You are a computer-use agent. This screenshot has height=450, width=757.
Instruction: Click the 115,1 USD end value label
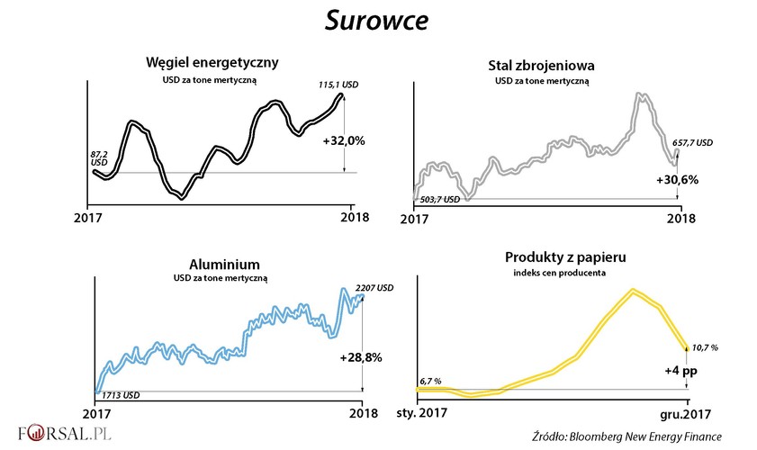[338, 85]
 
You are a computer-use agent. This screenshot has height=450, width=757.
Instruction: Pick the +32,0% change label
[343, 140]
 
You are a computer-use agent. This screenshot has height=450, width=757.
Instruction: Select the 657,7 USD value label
[693, 142]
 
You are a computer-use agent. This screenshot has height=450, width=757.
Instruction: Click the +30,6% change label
[677, 179]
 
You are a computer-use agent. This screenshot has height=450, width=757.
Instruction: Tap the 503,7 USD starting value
[441, 200]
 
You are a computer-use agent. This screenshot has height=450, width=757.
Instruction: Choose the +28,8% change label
[361, 357]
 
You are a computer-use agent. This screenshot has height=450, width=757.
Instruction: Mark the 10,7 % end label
[706, 346]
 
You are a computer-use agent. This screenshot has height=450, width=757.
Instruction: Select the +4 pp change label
[676, 370]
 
